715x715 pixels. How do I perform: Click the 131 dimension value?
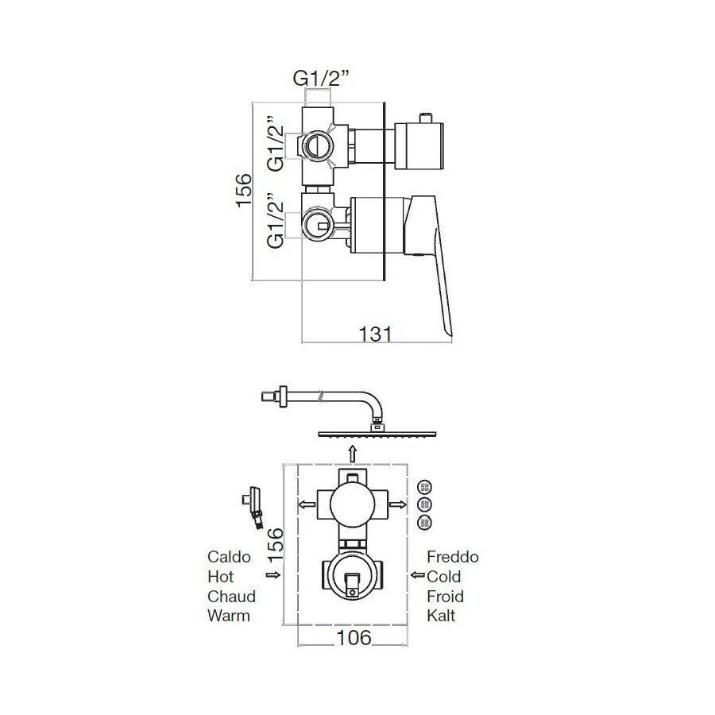coord(375,334)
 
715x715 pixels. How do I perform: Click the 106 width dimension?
coord(354,637)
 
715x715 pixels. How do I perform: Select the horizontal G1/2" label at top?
coord(321,79)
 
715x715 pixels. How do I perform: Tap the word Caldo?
coord(229,557)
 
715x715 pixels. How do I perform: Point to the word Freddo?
coord(453,557)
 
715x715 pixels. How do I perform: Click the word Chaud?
coord(231,597)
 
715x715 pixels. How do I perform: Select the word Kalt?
coord(441,616)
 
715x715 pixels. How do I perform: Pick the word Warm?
coord(229,616)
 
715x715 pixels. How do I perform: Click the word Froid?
coord(445,597)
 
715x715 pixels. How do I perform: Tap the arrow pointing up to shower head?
coord(352,454)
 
